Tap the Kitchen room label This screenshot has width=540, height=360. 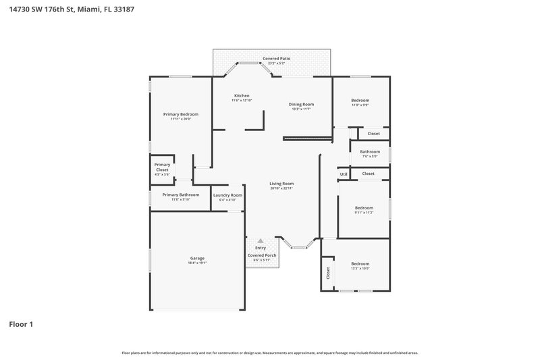click(x=242, y=95)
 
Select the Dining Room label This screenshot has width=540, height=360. click(x=302, y=104)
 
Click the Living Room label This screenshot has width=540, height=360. click(x=281, y=183)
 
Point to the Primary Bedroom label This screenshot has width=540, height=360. click(x=180, y=114)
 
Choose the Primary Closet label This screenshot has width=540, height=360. click(x=162, y=167)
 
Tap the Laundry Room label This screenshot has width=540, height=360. click(x=227, y=195)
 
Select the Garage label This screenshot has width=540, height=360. click(x=197, y=258)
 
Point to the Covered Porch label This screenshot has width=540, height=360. click(x=261, y=255)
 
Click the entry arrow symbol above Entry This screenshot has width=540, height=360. click(x=261, y=240)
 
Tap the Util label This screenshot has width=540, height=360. click(x=344, y=174)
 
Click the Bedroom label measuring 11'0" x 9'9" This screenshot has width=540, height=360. click(x=360, y=100)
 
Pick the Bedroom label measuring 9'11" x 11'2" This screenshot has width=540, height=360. click(x=364, y=208)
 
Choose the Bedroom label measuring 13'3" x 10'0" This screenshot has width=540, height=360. click(x=360, y=263)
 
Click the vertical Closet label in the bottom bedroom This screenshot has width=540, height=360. click(x=328, y=274)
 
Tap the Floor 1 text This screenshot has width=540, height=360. click(x=21, y=324)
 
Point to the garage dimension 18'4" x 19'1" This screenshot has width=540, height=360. click(x=197, y=263)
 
